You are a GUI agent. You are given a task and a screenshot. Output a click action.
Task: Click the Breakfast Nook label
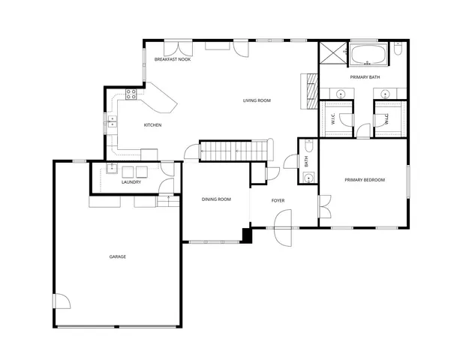pyautogui.click(x=173, y=59)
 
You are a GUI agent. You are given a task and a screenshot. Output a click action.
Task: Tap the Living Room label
pyautogui.click(x=257, y=100)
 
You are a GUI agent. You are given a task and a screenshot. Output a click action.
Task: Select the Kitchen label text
pyautogui.click(x=153, y=125)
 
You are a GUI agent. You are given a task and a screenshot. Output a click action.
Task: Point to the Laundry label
pyautogui.click(x=131, y=181)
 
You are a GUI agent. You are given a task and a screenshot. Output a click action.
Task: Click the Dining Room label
pyautogui.click(x=215, y=199)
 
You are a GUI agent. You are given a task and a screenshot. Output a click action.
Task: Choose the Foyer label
pyautogui.click(x=278, y=200)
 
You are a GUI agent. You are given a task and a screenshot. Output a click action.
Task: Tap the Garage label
pyautogui.click(x=117, y=257)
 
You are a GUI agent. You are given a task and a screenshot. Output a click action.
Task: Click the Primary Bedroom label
pyautogui.click(x=365, y=180)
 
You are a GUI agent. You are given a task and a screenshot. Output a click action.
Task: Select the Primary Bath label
pyautogui.click(x=364, y=77)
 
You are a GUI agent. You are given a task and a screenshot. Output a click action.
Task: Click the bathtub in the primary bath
pyautogui.click(x=368, y=54)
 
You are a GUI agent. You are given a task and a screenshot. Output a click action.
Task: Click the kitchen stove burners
pyautogui.click(x=131, y=94)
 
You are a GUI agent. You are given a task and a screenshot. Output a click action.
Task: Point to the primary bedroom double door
pyautogui.click(x=324, y=205)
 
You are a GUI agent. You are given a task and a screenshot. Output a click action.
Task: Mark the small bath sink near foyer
pyautogui.click(x=308, y=178)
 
